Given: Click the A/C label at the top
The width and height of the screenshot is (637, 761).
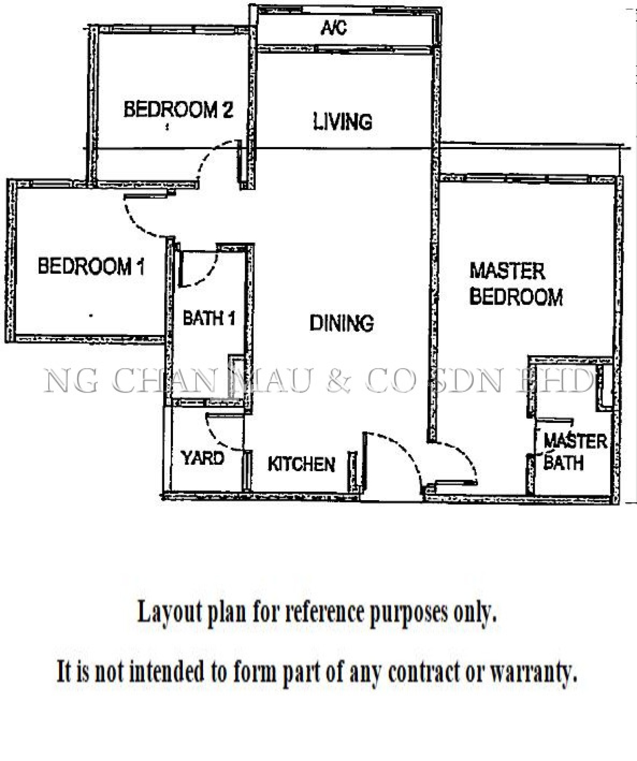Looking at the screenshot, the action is click(334, 27).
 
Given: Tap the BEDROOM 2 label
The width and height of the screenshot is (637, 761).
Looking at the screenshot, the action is click(178, 110).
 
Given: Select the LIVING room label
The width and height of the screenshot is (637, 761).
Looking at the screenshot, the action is click(342, 122).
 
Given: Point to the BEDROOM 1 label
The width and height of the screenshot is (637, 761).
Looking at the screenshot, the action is click(91, 266).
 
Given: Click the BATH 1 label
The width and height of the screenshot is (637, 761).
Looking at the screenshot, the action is click(209, 318).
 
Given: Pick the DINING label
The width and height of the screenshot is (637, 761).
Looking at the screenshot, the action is click(342, 323).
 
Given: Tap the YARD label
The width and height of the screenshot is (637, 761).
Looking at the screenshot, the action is click(203, 458).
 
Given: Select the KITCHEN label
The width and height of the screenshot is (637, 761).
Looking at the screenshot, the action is click(302, 464).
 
